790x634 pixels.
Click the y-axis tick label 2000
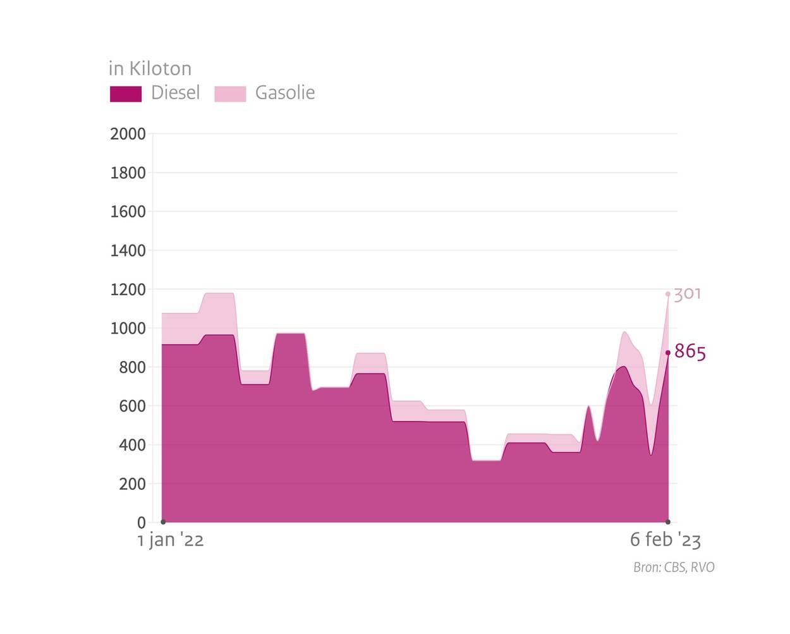pyautogui.click(x=128, y=134)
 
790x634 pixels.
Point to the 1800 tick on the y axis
pyautogui.click(x=128, y=173)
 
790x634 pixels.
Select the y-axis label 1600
pyautogui.click(x=128, y=212)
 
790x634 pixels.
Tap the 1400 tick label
pyautogui.click(x=128, y=251)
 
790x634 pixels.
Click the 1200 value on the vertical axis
pyautogui.click(x=128, y=290)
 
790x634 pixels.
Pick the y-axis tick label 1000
pyautogui.click(x=128, y=329)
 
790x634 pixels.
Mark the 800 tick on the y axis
pyautogui.click(x=132, y=367)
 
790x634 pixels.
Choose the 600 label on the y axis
pyautogui.click(x=132, y=406)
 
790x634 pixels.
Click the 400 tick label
pyautogui.click(x=132, y=445)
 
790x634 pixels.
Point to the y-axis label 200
pyautogui.click(x=132, y=484)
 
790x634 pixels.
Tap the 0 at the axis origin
pyautogui.click(x=141, y=523)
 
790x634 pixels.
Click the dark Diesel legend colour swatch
pyautogui.click(x=126, y=94)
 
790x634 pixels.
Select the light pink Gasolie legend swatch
pyautogui.click(x=230, y=94)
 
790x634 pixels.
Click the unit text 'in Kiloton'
pyautogui.click(x=150, y=68)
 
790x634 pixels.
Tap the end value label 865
pyautogui.click(x=690, y=351)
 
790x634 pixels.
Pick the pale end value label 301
pyautogui.click(x=688, y=294)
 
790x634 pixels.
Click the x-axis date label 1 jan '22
pyautogui.click(x=171, y=540)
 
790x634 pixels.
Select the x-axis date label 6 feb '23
pyautogui.click(x=665, y=540)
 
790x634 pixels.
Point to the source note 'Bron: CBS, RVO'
pyautogui.click(x=674, y=567)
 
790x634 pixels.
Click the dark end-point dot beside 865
pyautogui.click(x=668, y=353)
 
